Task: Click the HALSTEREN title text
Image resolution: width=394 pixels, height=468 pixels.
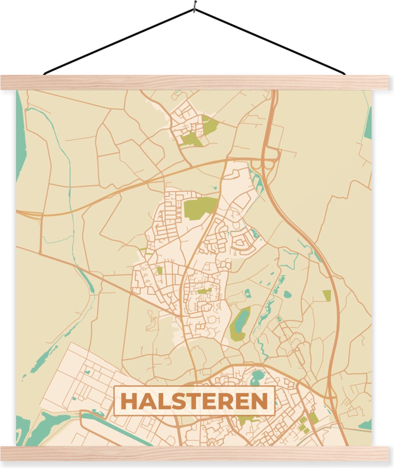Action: pyautogui.click(x=194, y=401)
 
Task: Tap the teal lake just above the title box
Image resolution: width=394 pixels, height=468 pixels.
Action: pyautogui.click(x=257, y=377)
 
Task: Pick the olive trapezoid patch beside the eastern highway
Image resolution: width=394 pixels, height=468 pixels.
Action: pyautogui.click(x=327, y=296)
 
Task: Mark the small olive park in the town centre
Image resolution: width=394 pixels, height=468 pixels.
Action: pyautogui.click(x=203, y=291)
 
